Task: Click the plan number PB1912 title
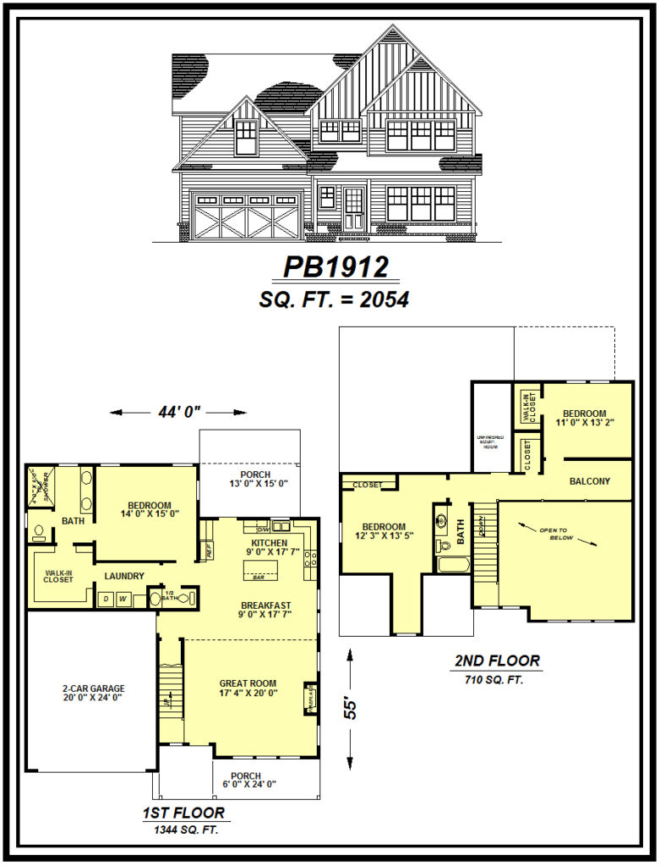(335, 266)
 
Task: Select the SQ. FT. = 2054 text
(335, 299)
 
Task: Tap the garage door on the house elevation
(246, 216)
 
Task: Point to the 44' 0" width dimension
(178, 413)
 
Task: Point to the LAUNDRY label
(124, 577)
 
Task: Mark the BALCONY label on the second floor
(590, 481)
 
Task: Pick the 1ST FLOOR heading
(183, 814)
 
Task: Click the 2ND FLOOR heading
(497, 661)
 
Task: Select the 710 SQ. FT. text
(495, 678)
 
